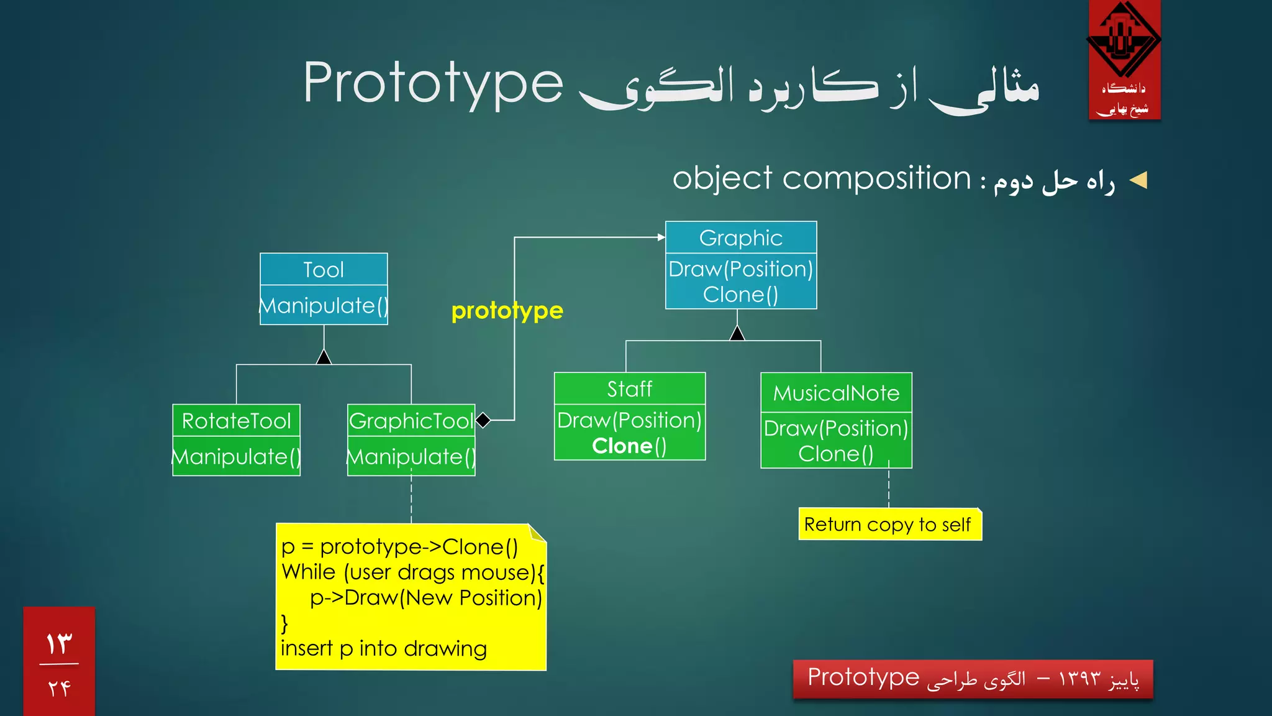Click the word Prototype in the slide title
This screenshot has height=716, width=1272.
(433, 84)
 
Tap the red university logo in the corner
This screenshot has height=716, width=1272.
(1124, 60)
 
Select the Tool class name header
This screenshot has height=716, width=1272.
(324, 270)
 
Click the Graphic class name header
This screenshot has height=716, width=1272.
(741, 237)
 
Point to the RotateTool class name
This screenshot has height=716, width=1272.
(236, 421)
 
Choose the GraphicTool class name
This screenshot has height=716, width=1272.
(411, 421)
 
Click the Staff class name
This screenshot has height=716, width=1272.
(630, 389)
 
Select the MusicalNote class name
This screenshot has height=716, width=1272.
(836, 393)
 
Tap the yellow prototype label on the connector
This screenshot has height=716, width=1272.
(507, 310)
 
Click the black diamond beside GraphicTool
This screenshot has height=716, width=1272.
(483, 421)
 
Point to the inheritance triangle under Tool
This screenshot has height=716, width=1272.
(324, 357)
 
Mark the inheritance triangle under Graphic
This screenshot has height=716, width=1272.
(737, 334)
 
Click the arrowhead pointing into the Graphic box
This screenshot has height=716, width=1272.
(661, 237)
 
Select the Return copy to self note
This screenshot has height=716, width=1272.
(888, 525)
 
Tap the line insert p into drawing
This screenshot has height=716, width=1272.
(383, 648)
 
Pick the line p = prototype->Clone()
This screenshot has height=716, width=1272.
(399, 547)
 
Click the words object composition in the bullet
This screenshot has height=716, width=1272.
(821, 179)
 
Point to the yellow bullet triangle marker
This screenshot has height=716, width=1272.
(1138, 181)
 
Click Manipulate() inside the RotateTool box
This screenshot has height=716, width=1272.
(236, 457)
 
